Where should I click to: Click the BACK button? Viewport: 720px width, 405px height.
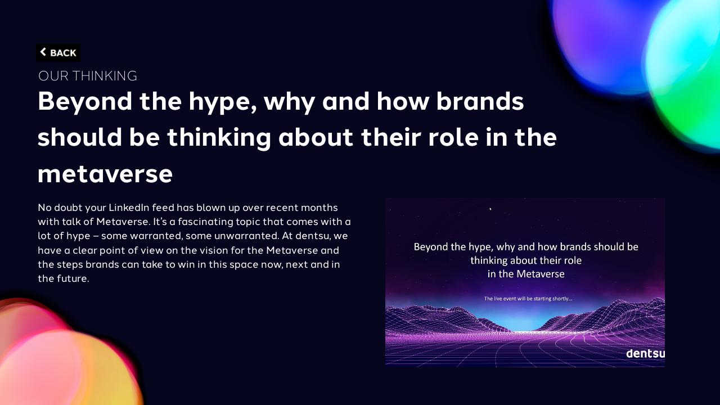[x=58, y=53]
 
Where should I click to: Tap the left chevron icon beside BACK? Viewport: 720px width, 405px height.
[x=43, y=52]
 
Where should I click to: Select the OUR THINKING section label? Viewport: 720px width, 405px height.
[x=88, y=76]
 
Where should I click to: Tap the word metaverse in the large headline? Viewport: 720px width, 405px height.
[x=105, y=174]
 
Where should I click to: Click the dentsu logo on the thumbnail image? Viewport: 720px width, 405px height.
[x=645, y=354]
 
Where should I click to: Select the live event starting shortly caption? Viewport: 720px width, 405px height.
[x=528, y=298]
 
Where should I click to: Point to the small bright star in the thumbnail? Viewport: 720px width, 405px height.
[x=490, y=209]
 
